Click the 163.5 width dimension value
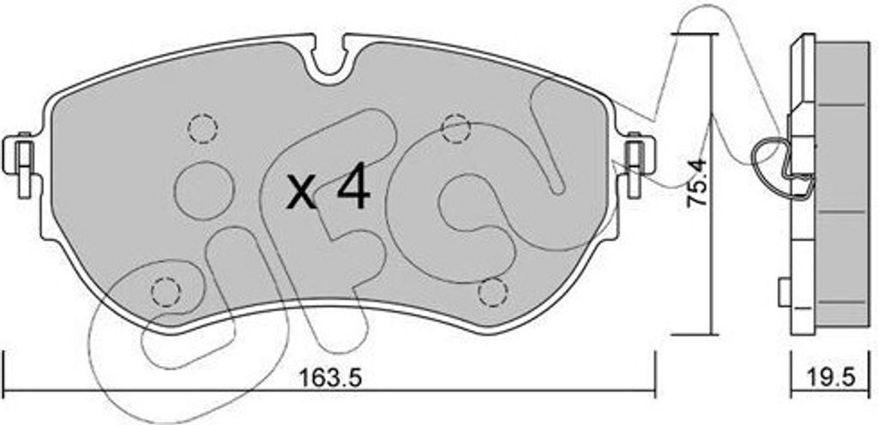(x=330, y=379)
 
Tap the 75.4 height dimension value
(x=698, y=183)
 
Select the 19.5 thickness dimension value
(x=833, y=378)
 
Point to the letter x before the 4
(x=302, y=192)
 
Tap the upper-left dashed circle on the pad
(x=202, y=129)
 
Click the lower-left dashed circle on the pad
(x=166, y=290)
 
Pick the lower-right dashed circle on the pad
(x=493, y=292)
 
